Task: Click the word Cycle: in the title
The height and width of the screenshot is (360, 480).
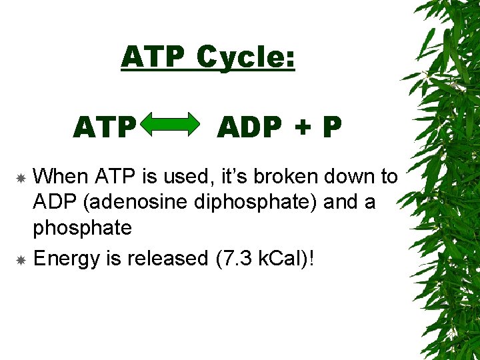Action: coord(246,58)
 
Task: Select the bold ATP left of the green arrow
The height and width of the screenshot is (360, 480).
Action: coord(105,127)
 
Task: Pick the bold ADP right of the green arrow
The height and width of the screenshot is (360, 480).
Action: coord(251,127)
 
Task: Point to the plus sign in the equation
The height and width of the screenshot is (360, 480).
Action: coord(304,127)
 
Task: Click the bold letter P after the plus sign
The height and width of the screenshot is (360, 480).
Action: coord(331,127)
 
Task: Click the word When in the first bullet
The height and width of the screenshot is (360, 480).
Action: coord(61,177)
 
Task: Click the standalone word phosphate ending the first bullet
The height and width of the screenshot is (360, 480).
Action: coord(82,229)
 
